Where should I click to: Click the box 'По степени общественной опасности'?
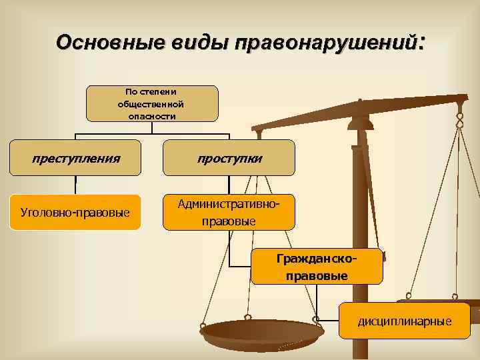pyautogui.click(x=151, y=103)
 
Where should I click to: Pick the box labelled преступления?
pyautogui.click(x=75, y=158)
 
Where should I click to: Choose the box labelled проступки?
pyautogui.click(x=229, y=158)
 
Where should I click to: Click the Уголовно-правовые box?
pyautogui.click(x=75, y=212)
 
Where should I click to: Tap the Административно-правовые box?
pyautogui.click(x=229, y=211)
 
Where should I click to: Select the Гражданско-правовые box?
pyautogui.click(x=317, y=266)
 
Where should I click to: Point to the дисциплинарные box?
pyautogui.click(x=404, y=321)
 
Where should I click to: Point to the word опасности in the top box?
pyautogui.click(x=151, y=115)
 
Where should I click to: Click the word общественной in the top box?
pyautogui.click(x=151, y=103)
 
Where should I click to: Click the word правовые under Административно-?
pyautogui.click(x=229, y=220)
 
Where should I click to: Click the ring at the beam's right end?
pyautogui.click(x=459, y=120)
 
